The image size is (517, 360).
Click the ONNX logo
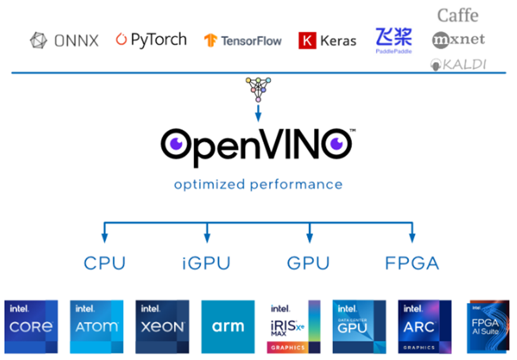[64, 41]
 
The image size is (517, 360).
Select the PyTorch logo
[151, 40]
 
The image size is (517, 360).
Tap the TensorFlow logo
[242, 41]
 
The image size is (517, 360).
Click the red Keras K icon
[307, 41]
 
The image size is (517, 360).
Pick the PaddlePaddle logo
[393, 40]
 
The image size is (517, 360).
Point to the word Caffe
[457, 15]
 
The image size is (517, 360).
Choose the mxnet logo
[458, 40]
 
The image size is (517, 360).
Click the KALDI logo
[457, 64]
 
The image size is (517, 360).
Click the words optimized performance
[258, 184]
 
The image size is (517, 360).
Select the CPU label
[105, 262]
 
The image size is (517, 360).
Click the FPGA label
[412, 262]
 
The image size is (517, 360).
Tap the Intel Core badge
[31, 326]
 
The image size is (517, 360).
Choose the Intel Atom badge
[96, 326]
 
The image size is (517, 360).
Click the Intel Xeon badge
[162, 326]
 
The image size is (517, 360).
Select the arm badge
[228, 326]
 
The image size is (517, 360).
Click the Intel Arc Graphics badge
[424, 326]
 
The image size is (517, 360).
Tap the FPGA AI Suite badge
[488, 326]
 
